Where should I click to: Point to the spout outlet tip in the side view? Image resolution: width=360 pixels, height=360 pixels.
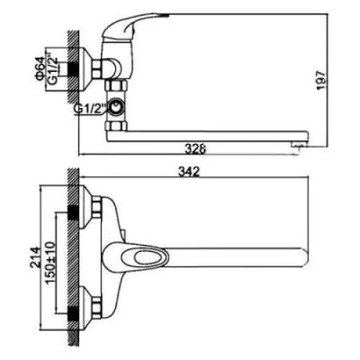tap(298, 142)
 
